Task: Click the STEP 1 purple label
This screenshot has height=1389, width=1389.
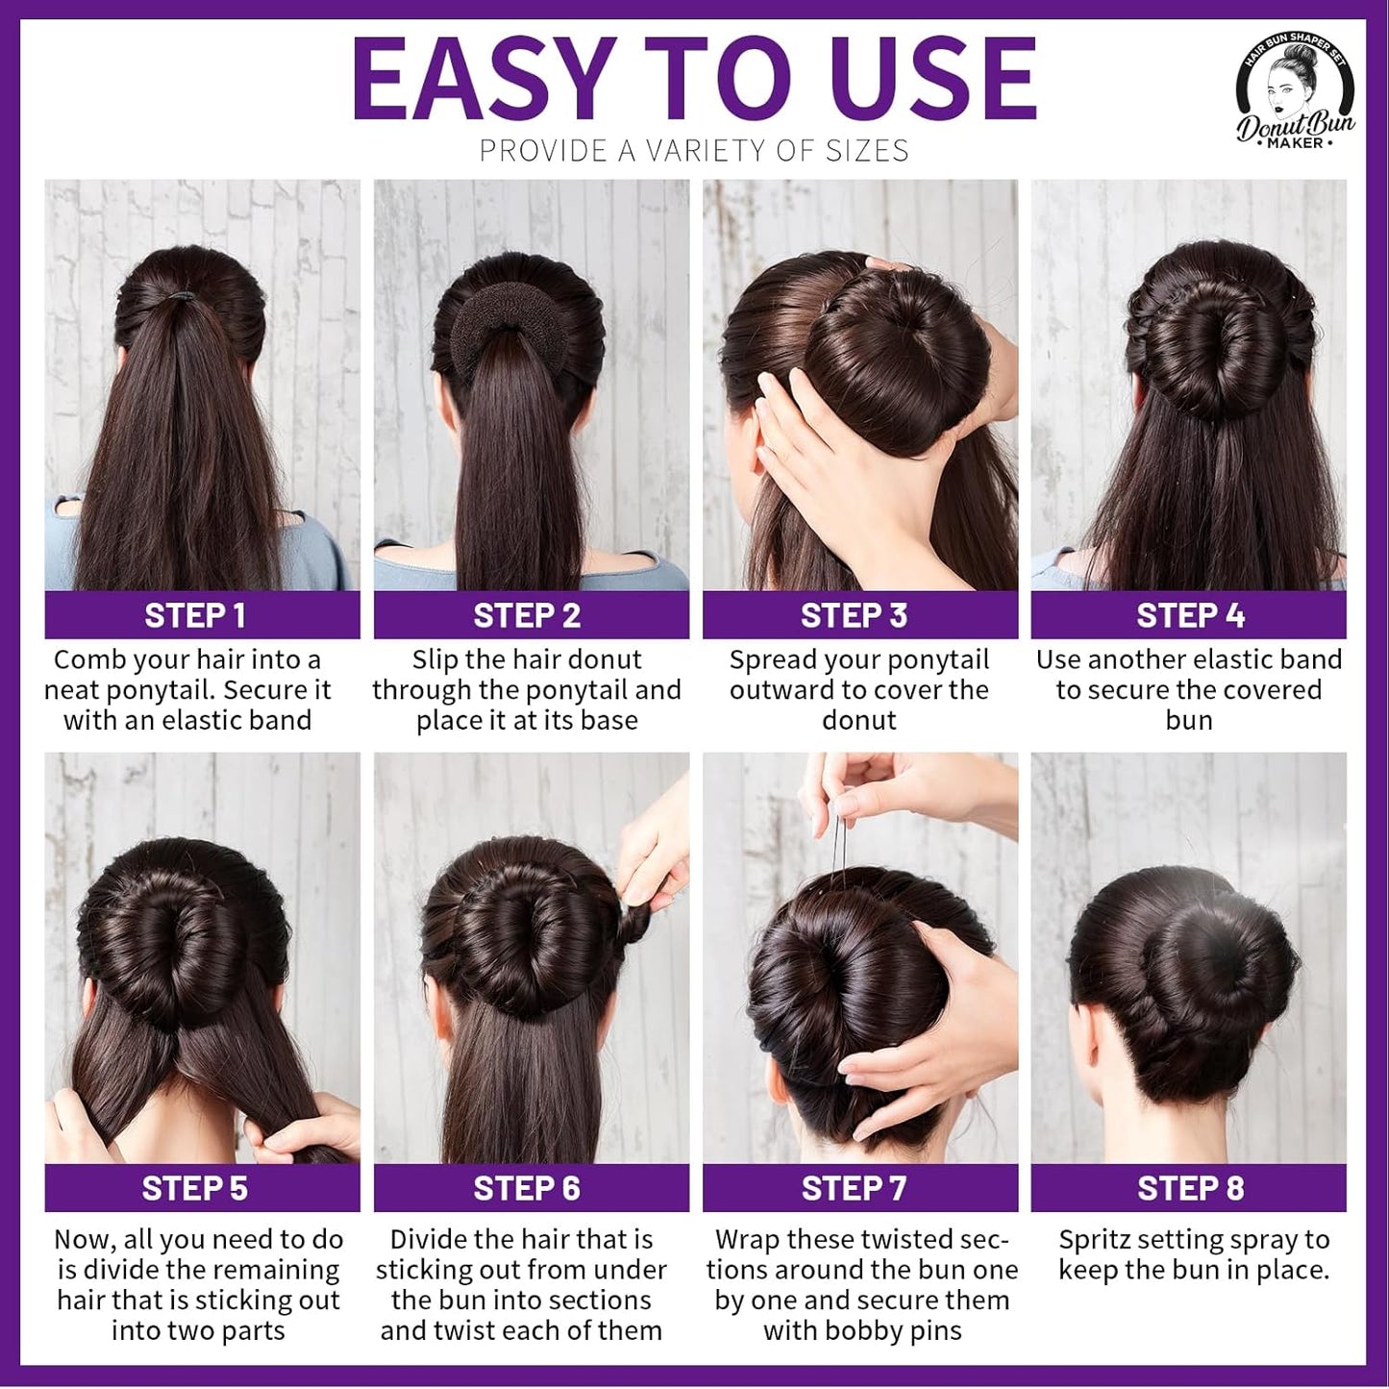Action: [202, 615]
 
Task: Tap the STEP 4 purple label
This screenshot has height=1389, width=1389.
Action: [1189, 615]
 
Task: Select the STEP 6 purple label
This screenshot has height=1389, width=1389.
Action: [531, 1188]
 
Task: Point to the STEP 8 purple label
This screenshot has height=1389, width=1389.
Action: [1189, 1188]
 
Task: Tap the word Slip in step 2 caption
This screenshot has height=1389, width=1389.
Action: [434, 660]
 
